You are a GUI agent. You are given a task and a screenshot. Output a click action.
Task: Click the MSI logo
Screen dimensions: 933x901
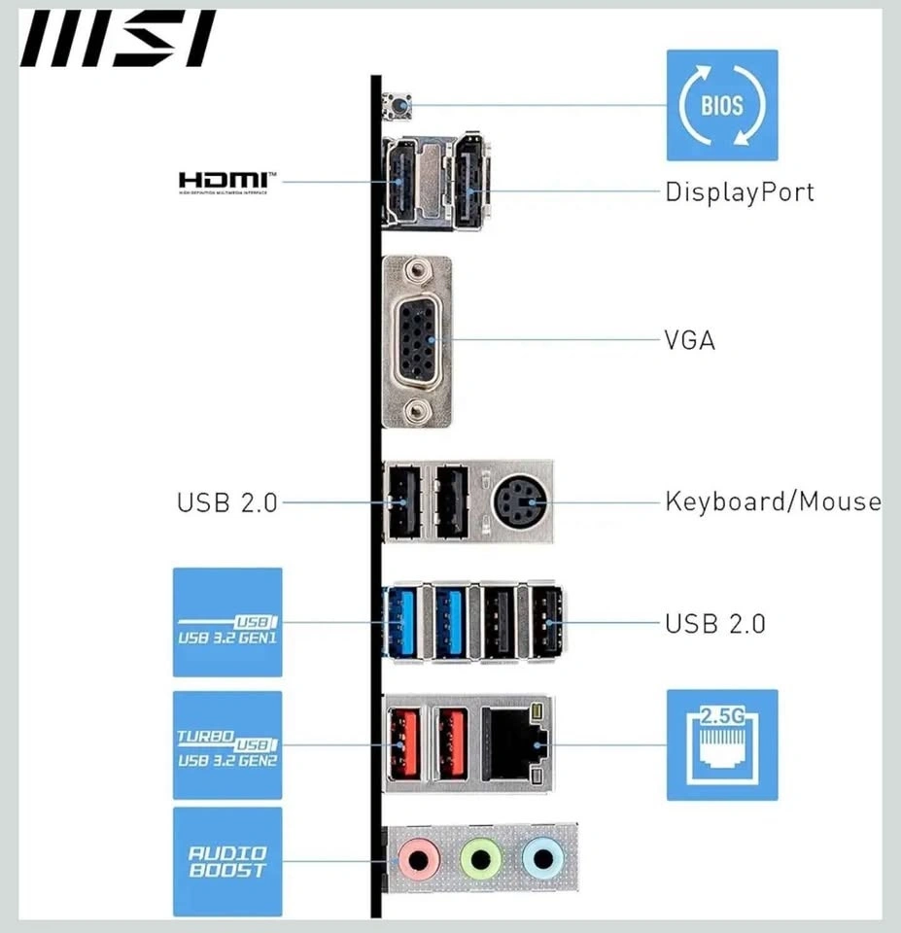(x=117, y=40)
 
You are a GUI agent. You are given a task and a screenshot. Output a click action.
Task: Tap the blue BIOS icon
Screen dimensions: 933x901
(x=721, y=105)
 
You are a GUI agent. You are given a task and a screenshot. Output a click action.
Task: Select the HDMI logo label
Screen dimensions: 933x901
(x=226, y=182)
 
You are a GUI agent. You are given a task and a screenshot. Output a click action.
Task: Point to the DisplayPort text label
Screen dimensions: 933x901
(x=739, y=191)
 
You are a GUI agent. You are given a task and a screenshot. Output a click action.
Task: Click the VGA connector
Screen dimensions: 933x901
(x=417, y=340)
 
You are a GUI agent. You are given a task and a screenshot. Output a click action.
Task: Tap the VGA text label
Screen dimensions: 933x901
(x=689, y=340)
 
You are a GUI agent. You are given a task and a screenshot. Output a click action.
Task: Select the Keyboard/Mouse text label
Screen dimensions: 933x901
(x=773, y=502)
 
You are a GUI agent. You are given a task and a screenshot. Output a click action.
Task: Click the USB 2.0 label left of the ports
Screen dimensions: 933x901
(x=226, y=502)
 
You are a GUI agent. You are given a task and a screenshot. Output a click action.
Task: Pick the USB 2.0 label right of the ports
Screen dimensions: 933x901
(x=714, y=623)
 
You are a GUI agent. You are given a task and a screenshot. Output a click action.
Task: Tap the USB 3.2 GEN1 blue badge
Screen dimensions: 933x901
(x=227, y=622)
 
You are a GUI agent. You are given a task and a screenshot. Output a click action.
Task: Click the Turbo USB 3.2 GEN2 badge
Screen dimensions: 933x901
(x=227, y=745)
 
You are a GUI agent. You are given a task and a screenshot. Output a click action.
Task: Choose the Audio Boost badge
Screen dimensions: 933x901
(x=227, y=860)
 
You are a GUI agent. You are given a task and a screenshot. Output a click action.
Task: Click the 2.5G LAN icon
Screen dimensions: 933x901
(x=721, y=745)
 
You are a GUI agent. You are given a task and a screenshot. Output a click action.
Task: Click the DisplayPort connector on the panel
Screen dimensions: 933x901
(x=469, y=182)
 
